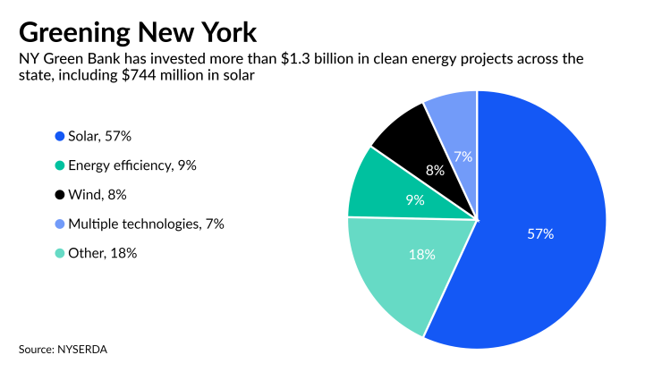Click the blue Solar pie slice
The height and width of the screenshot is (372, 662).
(x=546, y=259)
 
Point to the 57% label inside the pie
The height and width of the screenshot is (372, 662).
(x=540, y=234)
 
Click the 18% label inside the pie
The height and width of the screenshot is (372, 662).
(x=422, y=255)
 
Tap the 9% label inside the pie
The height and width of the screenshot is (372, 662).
(x=415, y=200)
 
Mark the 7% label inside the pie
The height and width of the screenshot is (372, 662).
(x=463, y=156)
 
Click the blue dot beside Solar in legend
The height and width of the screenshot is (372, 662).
(x=59, y=136)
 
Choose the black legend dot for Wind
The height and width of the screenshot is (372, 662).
(x=59, y=194)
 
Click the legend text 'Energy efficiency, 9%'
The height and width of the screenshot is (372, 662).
(x=132, y=165)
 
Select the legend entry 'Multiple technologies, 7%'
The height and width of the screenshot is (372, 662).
(x=146, y=224)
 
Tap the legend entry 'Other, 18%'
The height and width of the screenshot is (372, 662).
(x=102, y=253)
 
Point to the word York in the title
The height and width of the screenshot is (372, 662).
(x=227, y=32)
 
